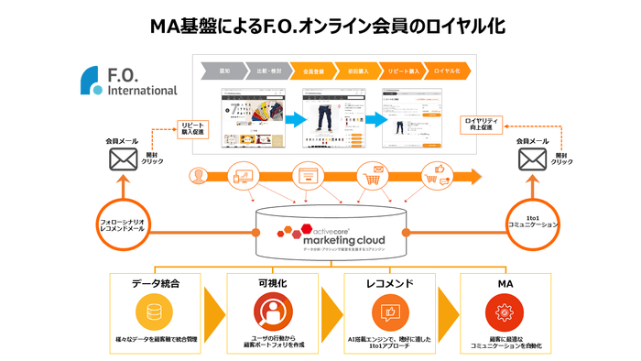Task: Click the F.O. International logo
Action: [x=128, y=82]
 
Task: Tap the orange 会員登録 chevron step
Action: [x=311, y=69]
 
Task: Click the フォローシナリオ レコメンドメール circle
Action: [x=123, y=224]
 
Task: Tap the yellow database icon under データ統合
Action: [x=149, y=314]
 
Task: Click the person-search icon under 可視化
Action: [x=268, y=314]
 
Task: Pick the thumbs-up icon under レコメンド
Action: [x=387, y=314]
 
